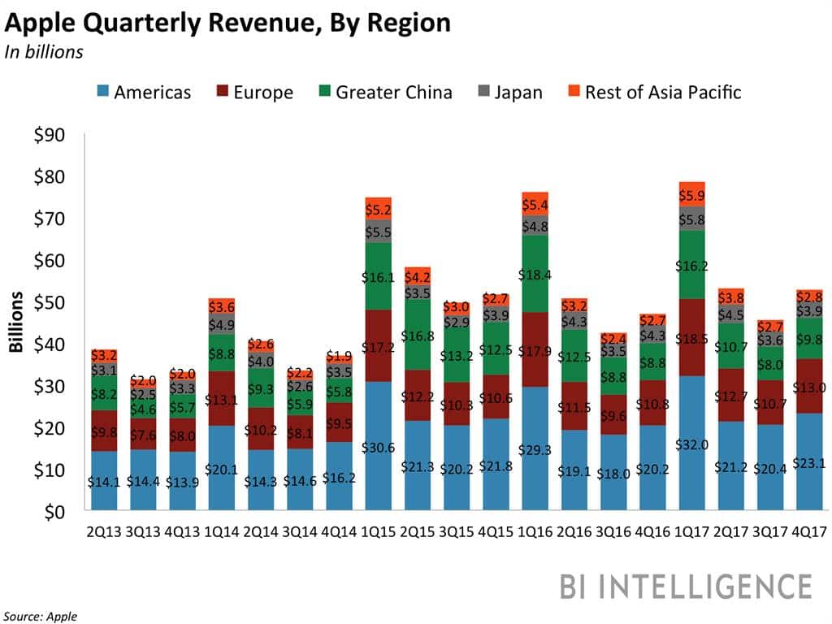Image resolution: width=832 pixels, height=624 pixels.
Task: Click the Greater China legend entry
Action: (383, 92)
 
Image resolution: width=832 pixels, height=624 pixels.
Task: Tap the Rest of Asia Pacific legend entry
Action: (652, 92)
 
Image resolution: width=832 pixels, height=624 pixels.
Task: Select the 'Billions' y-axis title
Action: (15, 323)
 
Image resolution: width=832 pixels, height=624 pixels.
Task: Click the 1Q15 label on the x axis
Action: (378, 533)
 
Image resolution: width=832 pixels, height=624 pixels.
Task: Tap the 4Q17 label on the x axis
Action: (808, 533)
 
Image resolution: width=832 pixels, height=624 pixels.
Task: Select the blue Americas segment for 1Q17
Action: (691, 422)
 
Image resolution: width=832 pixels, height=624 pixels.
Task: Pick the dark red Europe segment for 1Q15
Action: (378, 345)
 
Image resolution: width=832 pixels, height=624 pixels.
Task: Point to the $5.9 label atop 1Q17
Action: (691, 195)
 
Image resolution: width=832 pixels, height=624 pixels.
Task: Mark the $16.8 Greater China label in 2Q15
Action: (417, 336)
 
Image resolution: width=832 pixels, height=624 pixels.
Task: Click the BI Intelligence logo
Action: (685, 587)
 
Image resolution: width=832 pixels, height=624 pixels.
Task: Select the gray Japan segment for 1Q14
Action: (222, 323)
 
